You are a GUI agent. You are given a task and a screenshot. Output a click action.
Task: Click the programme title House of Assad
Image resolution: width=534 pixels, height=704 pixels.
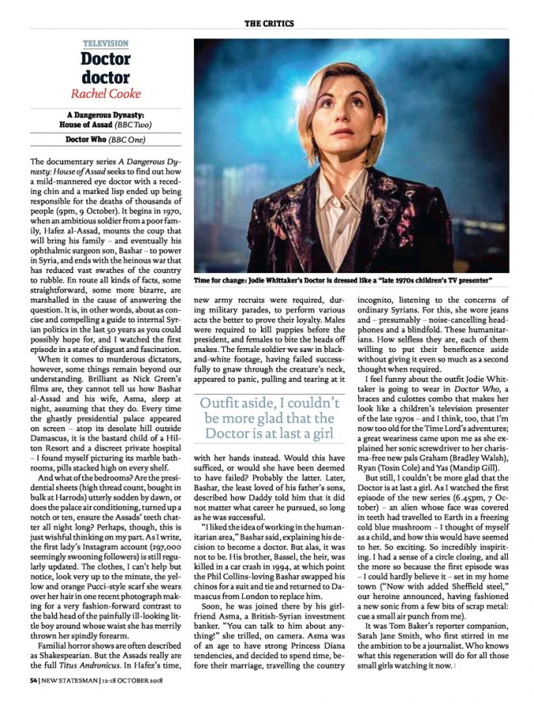point(93,124)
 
